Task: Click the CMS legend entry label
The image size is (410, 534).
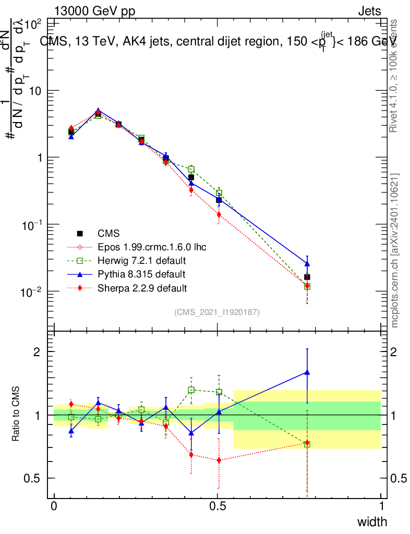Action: [109, 233]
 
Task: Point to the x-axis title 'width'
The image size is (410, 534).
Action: [372, 521]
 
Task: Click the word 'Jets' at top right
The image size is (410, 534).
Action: [369, 11]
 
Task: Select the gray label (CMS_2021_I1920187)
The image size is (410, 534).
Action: [217, 312]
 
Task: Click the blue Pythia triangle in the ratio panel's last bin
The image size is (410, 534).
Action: [307, 372]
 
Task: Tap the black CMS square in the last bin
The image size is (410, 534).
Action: [307, 277]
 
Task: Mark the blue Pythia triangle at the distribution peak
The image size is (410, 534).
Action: [98, 111]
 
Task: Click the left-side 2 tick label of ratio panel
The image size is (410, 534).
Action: [37, 351]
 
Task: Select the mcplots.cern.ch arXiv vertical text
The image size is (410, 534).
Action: [395, 250]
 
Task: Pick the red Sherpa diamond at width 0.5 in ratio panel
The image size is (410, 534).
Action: [219, 460]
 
